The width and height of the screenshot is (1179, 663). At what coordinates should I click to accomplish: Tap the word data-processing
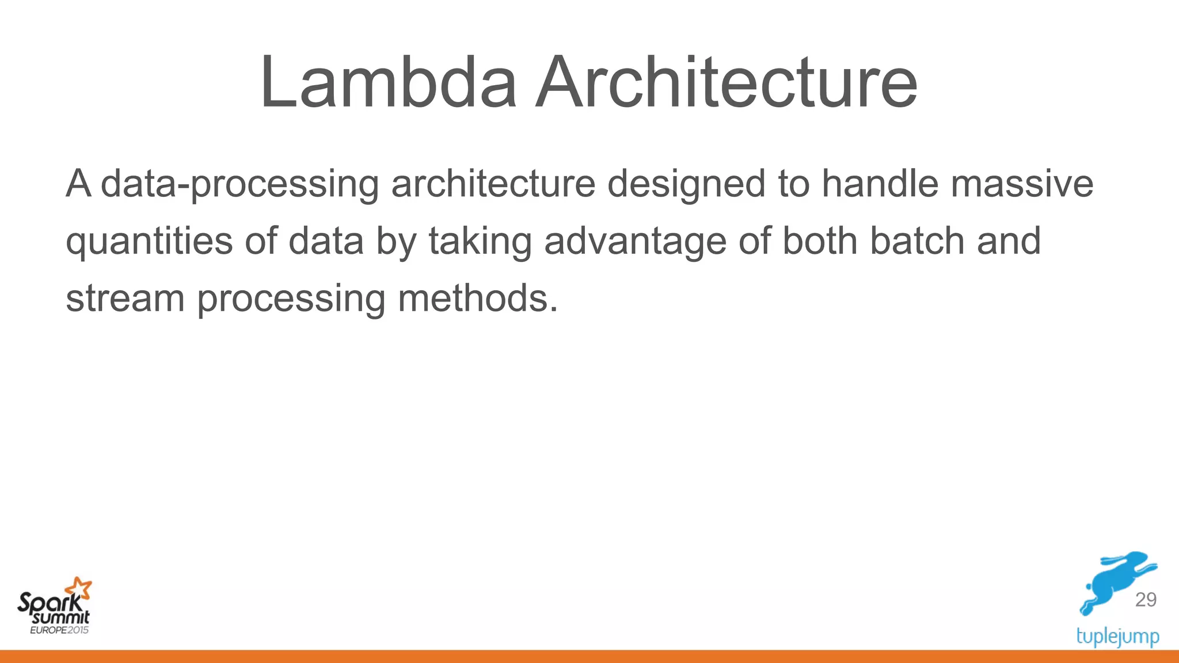[239, 184]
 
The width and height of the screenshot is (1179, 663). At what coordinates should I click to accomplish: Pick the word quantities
[149, 242]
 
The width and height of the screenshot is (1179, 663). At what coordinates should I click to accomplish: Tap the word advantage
[635, 242]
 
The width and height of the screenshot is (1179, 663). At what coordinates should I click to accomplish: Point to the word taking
[480, 242]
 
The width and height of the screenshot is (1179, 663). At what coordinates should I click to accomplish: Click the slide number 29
[1145, 600]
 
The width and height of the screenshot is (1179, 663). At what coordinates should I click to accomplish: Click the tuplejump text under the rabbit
[1117, 637]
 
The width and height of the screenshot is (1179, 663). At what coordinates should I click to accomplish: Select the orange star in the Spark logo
[79, 589]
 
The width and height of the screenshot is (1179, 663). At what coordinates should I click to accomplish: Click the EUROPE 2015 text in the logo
[59, 630]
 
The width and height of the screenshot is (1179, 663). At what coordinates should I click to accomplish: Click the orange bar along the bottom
[589, 657]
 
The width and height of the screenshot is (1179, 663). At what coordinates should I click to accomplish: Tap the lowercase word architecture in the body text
[493, 184]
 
